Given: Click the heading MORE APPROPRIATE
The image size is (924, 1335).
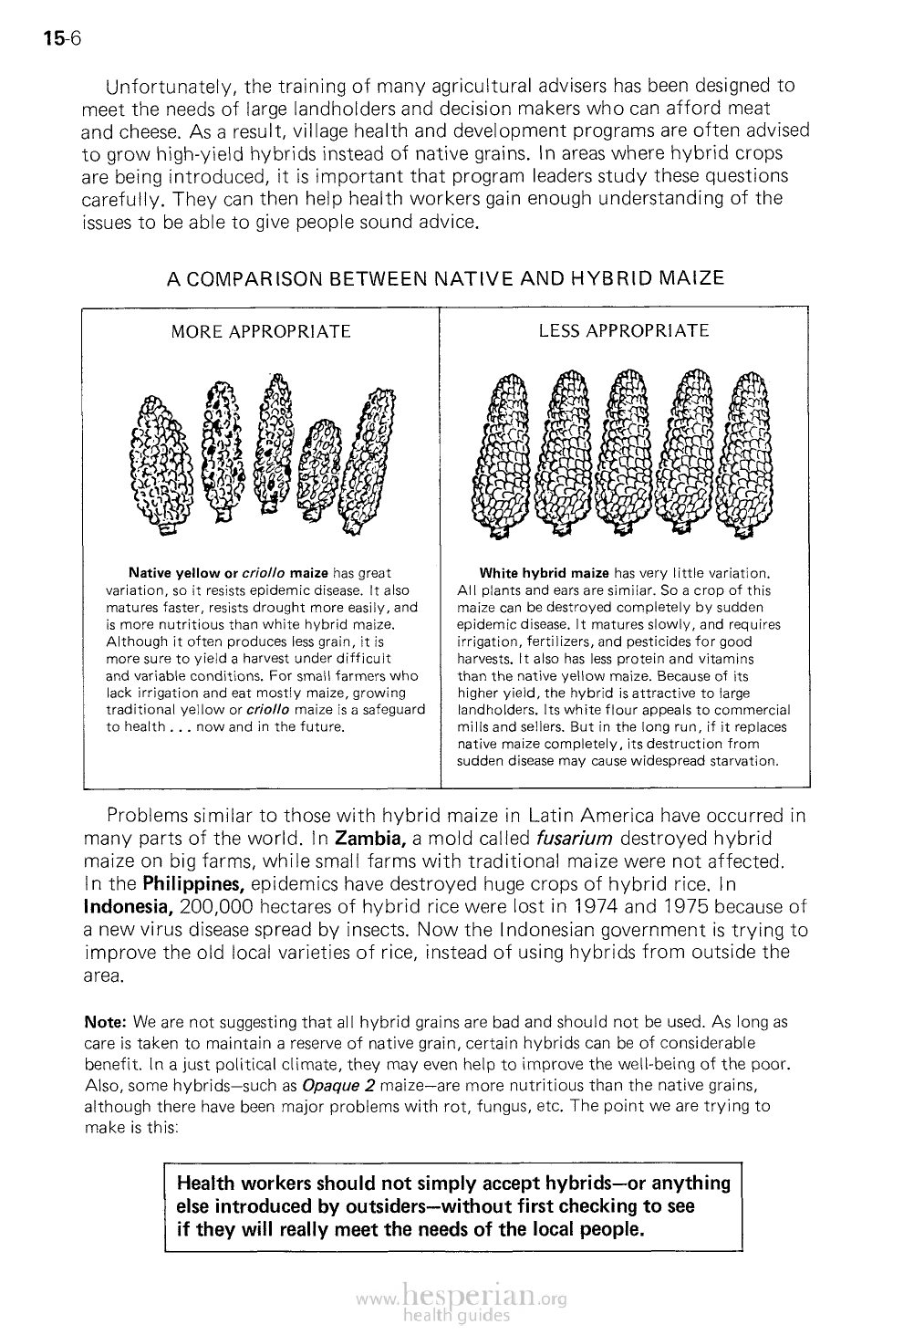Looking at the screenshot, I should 261,331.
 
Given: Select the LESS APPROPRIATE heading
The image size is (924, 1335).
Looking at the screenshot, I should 623,330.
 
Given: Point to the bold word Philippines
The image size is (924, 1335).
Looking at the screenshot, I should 189,883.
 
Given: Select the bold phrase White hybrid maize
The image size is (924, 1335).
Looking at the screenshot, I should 544,573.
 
